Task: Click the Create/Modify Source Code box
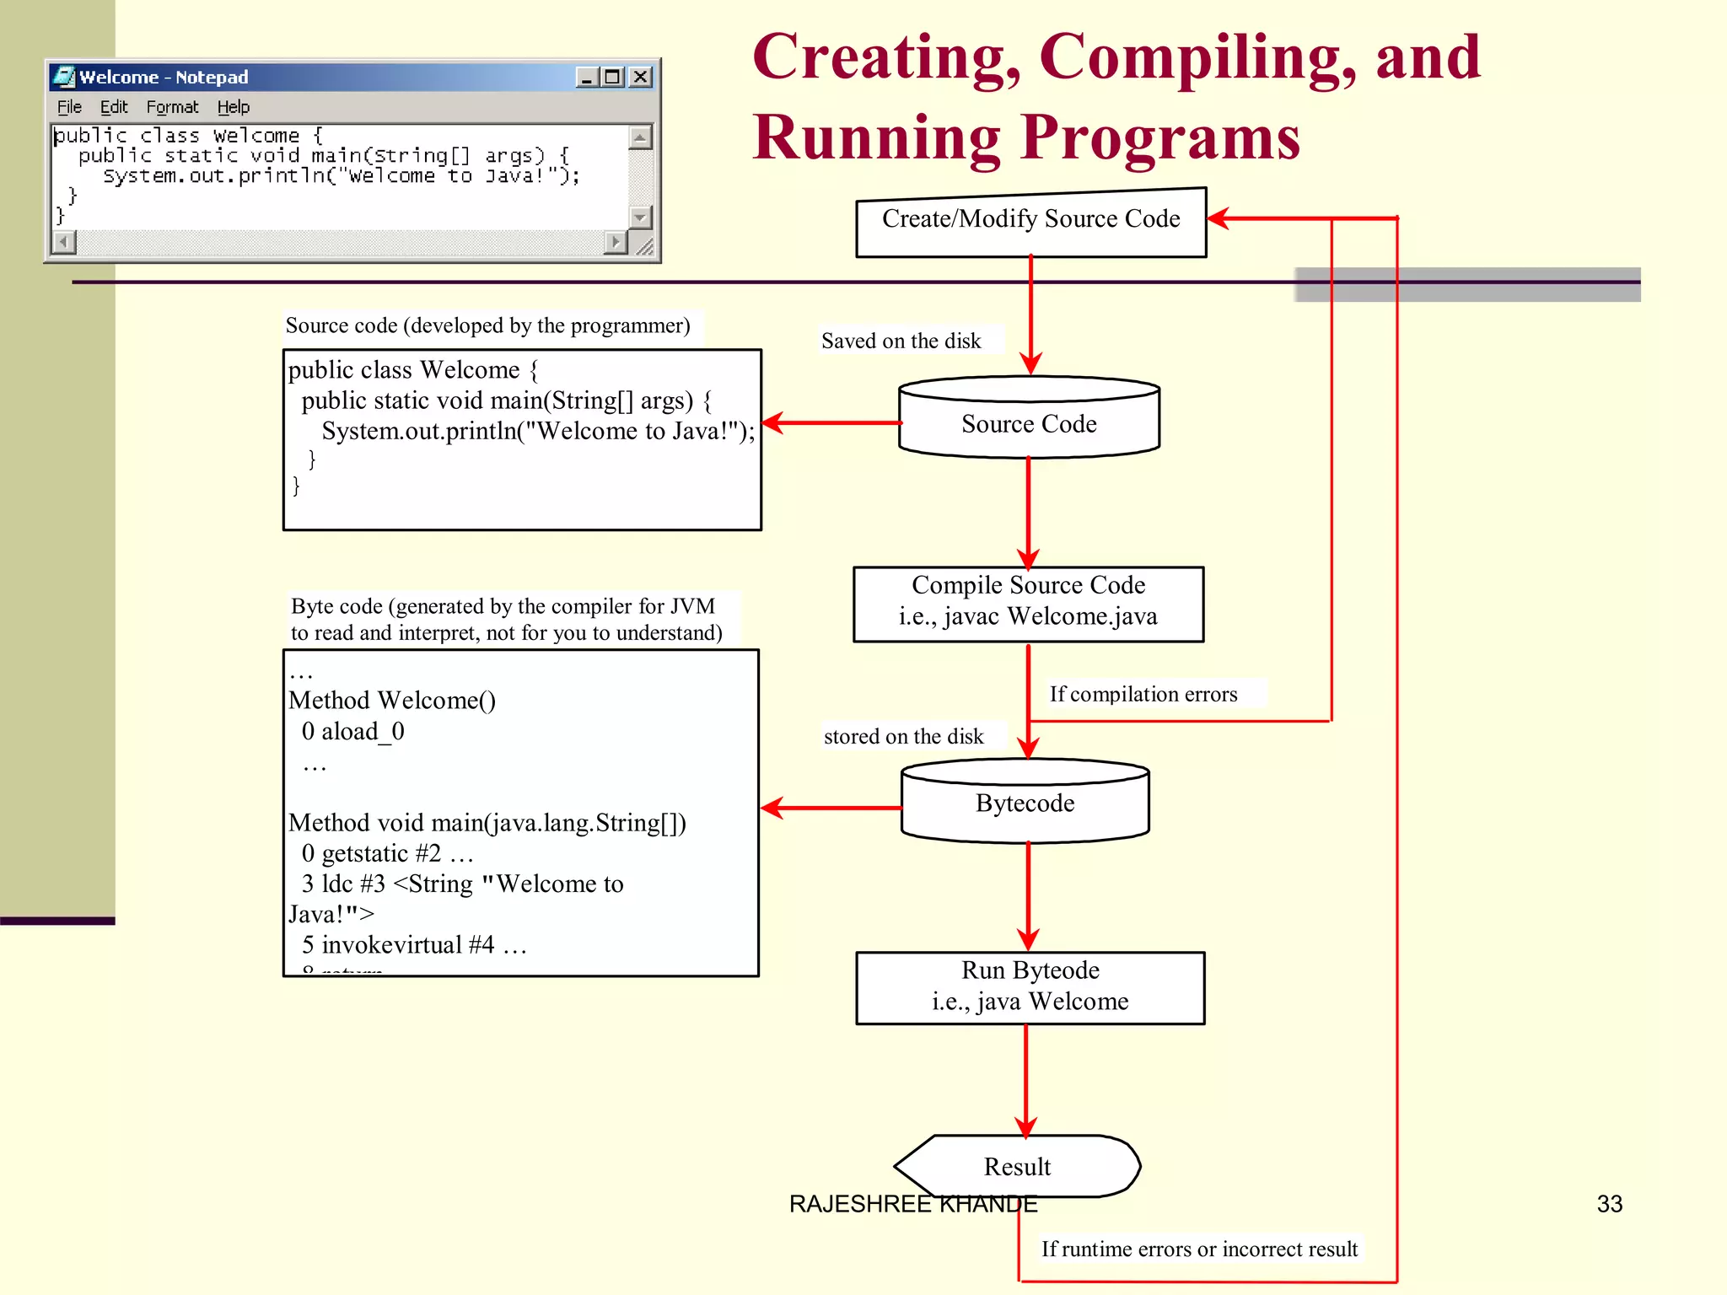(1030, 221)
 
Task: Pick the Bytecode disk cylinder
(1025, 803)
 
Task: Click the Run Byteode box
(1030, 986)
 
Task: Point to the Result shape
(1017, 1166)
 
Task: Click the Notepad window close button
(641, 78)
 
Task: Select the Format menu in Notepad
(172, 107)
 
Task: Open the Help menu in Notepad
(234, 107)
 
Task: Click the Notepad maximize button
(613, 78)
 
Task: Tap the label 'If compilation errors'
(1143, 694)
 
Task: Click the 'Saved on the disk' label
(901, 341)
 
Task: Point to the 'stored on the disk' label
(903, 736)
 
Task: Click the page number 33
(1609, 1204)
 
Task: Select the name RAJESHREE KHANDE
(913, 1204)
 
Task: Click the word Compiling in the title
(1197, 57)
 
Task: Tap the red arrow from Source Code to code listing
(831, 422)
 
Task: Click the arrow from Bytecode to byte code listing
(831, 808)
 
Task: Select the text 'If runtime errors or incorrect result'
(1199, 1249)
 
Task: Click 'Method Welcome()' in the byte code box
(392, 701)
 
